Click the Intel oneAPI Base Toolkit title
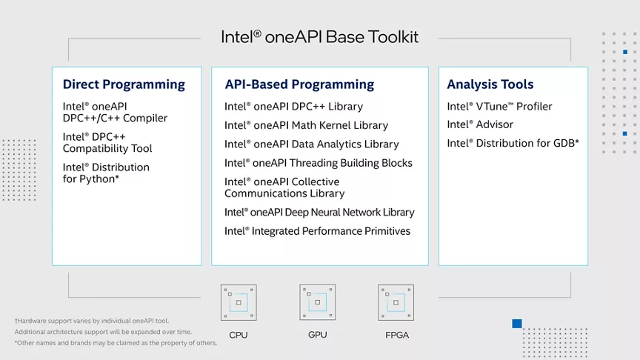319,37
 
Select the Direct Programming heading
124,84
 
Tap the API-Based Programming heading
299,84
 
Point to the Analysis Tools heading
490,84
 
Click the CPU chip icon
239,302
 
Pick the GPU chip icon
318,302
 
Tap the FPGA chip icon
396,302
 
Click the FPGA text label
397,335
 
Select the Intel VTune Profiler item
499,107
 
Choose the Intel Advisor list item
480,124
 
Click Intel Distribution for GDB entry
513,143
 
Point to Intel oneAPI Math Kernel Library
306,125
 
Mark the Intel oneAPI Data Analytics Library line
311,144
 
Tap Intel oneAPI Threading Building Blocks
319,163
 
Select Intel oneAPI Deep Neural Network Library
319,213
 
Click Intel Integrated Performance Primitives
317,231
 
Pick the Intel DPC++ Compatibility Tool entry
107,142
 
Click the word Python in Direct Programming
97,179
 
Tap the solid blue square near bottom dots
517,324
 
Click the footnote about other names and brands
116,343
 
